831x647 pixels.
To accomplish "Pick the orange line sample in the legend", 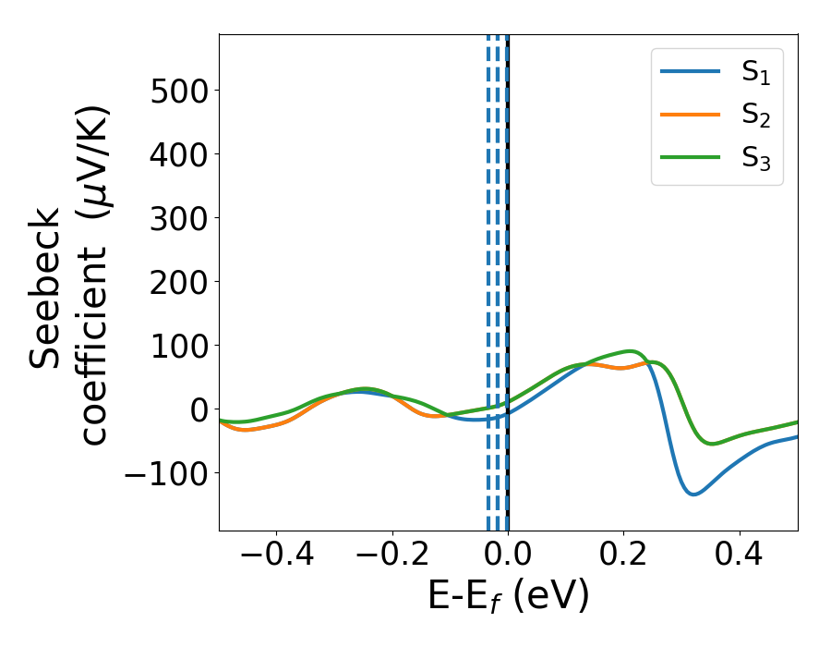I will pos(691,115).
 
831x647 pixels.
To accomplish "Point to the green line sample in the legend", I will pos(691,156).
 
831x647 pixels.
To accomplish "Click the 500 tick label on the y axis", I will pos(174,91).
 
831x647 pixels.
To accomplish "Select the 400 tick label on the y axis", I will pos(174,154).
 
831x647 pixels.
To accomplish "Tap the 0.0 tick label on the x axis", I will pos(508,557).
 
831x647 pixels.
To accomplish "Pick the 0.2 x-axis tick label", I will pos(623,557).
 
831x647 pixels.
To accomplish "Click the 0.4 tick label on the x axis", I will pos(740,557).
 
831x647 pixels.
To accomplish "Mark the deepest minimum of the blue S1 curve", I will pos(692,494).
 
